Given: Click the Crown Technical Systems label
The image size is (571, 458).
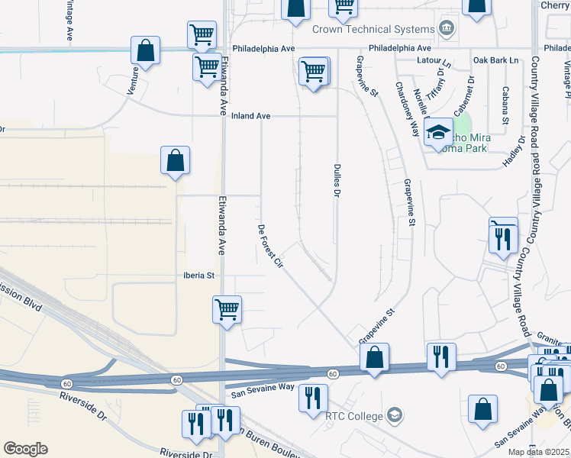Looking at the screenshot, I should tap(373, 30).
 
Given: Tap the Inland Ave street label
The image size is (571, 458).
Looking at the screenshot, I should tap(252, 116).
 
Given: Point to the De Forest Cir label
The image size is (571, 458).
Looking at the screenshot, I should tap(270, 246).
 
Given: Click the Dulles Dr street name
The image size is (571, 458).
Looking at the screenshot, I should tap(335, 181).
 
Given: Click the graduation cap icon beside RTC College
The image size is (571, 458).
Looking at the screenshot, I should tap(394, 415).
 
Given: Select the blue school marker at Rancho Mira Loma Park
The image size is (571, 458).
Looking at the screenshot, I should tap(439, 131).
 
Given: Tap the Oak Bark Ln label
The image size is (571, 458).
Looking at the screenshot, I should tap(495, 60).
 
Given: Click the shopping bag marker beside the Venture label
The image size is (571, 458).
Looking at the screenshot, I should tap(145, 52).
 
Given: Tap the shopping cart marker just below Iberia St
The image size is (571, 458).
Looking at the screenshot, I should tap(227, 310).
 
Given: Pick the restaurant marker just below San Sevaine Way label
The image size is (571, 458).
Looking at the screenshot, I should tap(313, 398).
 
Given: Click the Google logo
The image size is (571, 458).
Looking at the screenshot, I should tap(25, 449).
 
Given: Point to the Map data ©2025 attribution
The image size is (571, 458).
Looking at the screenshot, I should tap(538, 452).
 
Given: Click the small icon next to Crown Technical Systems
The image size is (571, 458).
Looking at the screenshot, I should tap(447, 30).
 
